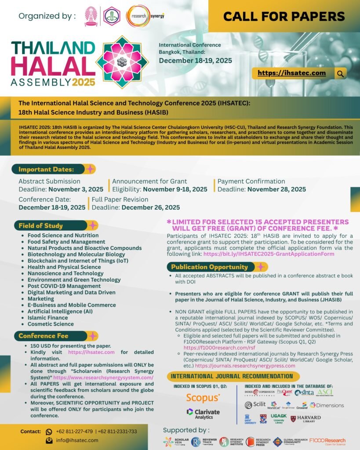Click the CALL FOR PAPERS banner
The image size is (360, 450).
[x=284, y=17]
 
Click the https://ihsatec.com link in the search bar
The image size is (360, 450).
[x=291, y=73]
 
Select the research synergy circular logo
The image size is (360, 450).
[x=140, y=16]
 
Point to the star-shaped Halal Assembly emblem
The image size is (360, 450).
[x=123, y=62]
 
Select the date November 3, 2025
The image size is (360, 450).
[x=76, y=189]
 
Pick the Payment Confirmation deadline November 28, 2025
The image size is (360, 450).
[x=276, y=189]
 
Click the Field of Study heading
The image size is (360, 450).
[x=41, y=226]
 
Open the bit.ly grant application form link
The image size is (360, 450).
[x=269, y=254]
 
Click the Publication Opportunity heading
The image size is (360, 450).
[x=209, y=267]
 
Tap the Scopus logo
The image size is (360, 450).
[x=203, y=398]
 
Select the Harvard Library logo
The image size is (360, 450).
[x=305, y=419]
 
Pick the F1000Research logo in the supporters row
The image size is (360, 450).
[x=327, y=441]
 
